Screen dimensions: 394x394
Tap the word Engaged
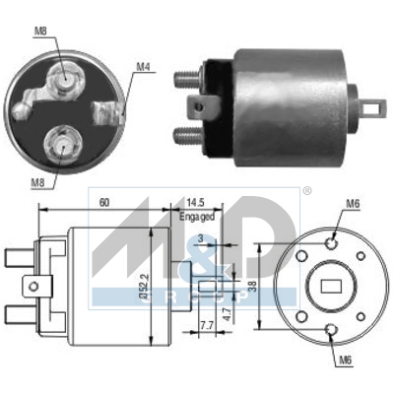coord(197,215)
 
